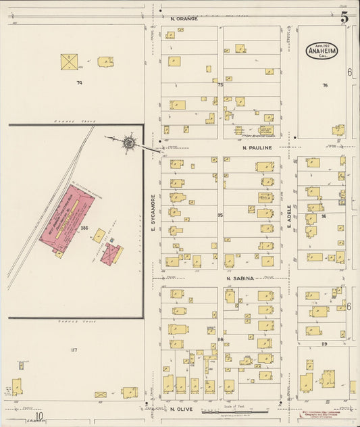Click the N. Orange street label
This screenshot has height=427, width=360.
pos(184,18)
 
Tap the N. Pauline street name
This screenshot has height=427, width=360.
pos(257,147)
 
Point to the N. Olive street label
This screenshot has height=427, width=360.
pos(182,409)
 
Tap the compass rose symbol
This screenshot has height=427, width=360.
pos(128,143)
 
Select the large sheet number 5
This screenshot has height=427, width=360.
pos(344,18)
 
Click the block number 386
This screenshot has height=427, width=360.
pos(84,228)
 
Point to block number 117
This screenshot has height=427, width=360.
pos(74,350)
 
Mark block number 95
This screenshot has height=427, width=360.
pos(220,215)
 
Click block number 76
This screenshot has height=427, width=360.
pos(325,85)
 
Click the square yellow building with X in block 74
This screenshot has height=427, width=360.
pos(69,62)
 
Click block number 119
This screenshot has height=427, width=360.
pos(324,344)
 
